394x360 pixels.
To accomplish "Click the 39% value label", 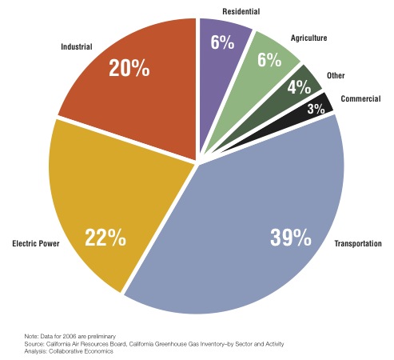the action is (x=291, y=238).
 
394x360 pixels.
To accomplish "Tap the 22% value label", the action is (x=105, y=238).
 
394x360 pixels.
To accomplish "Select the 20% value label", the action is (x=129, y=68).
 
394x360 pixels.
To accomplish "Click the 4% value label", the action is (x=299, y=87).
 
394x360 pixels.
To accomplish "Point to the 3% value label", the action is (x=316, y=109).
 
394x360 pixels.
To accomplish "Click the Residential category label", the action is (x=241, y=12).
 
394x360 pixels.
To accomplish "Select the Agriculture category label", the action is (x=309, y=38).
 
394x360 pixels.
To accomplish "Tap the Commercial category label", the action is (x=360, y=99).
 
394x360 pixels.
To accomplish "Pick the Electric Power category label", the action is (x=36, y=243).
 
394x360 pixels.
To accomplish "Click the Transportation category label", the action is (x=358, y=243).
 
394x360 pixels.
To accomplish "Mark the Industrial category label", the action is (x=77, y=47).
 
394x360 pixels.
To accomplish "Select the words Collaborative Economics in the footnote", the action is (x=81, y=351).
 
